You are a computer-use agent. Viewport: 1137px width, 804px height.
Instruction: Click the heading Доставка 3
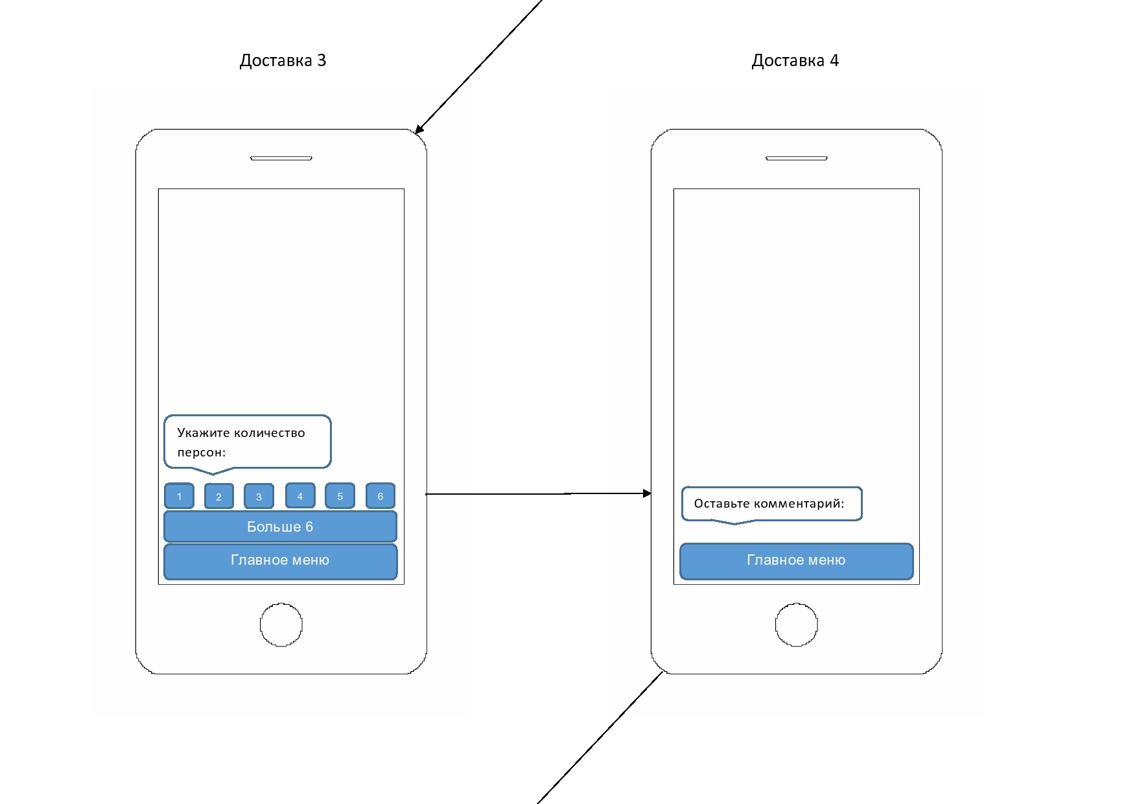283,60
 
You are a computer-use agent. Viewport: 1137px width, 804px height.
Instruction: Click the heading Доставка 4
795,60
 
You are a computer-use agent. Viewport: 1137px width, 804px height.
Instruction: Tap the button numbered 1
179,496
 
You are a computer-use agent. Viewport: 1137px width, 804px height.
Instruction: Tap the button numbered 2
219,497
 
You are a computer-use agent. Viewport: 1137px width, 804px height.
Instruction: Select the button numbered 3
259,497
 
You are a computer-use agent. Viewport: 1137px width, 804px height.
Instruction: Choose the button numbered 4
299,496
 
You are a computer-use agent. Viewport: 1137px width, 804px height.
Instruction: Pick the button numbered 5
340,496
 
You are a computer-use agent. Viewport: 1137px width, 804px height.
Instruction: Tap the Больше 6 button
280,526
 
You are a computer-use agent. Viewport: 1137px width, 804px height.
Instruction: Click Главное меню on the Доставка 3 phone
280,560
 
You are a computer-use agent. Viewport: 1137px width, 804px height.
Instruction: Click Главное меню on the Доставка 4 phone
796,560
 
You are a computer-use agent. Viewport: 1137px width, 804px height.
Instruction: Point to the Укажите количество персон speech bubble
247,442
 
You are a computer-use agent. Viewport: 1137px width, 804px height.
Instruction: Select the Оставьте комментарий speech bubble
771,504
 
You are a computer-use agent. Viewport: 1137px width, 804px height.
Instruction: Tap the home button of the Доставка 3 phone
281,625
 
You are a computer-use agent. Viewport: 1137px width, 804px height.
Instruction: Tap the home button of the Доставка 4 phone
796,625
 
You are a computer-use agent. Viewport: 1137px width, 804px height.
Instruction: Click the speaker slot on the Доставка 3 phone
281,158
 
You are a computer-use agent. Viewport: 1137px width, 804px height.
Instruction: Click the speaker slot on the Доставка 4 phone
796,158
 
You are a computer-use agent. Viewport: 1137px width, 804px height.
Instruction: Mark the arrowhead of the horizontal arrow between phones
646,493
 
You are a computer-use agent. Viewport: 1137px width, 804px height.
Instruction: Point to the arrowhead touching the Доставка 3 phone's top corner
419,130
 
